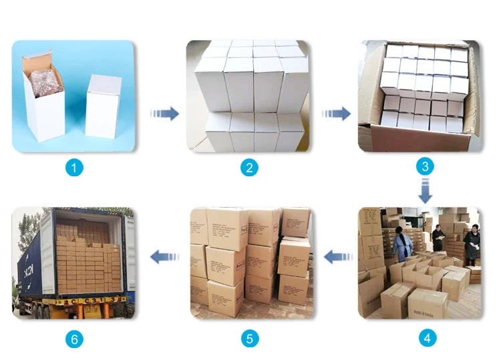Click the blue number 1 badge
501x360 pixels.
click(x=74, y=168)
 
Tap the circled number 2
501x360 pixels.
click(x=249, y=168)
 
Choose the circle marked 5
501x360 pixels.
click(x=249, y=339)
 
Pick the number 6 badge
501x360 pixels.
click(x=74, y=339)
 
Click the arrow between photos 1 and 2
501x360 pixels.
click(x=164, y=113)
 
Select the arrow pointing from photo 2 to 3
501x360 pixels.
click(x=337, y=113)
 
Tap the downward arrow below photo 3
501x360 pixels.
click(x=426, y=190)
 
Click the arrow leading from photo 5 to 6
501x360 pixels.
click(x=164, y=256)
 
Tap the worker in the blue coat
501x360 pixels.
click(x=402, y=244)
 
